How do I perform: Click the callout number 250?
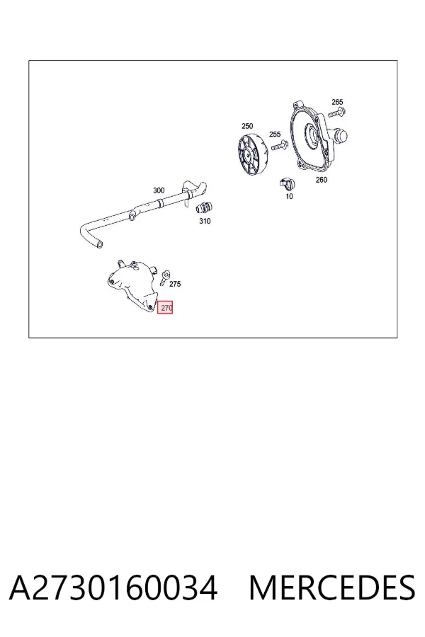coord(247,126)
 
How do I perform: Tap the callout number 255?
coord(275,134)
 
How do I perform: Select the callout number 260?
coord(321,180)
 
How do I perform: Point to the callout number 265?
coord(337,102)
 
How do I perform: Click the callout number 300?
coord(159,190)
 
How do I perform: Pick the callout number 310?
coord(205,221)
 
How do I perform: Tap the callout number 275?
coord(175,284)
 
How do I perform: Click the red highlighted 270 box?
coord(165,308)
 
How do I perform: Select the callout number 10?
coord(289,196)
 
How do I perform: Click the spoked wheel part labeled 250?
coord(254,154)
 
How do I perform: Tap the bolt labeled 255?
coord(279,144)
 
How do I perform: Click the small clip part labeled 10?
coord(287,183)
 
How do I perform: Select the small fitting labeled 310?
coord(203,208)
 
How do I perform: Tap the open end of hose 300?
coord(99,245)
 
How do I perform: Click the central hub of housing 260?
coord(312,133)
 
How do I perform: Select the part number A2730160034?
coord(113,587)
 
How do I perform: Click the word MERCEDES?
coord(332,587)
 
